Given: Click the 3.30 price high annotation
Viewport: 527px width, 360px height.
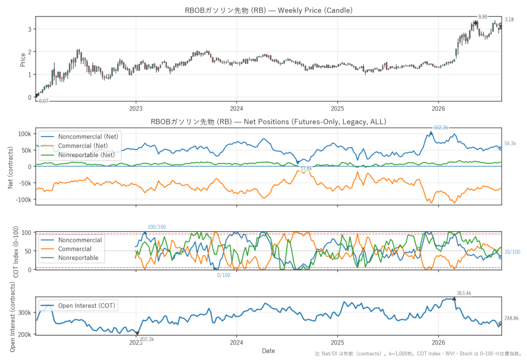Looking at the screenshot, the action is [482, 17].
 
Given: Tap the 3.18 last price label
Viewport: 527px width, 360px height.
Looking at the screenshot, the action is [509, 20].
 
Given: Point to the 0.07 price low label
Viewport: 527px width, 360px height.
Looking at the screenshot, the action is [44, 101].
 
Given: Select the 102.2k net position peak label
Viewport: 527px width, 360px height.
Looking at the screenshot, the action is [441, 128].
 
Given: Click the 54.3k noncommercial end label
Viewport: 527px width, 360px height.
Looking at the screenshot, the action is [510, 143].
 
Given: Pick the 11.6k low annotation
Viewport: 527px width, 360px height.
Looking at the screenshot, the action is [306, 168].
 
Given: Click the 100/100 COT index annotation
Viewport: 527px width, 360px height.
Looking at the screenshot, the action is [156, 227].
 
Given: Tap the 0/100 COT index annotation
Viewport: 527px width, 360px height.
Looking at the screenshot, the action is [223, 275].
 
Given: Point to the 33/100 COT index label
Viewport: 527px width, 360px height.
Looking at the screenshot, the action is [512, 252].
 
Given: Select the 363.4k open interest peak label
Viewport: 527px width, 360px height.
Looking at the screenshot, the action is [464, 294].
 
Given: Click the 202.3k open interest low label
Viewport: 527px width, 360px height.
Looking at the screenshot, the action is [147, 339].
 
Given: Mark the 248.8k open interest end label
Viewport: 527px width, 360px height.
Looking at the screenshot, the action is [511, 318].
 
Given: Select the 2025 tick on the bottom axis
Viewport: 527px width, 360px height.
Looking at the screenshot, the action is [338, 342].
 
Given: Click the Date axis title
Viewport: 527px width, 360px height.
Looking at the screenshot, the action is [268, 351].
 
